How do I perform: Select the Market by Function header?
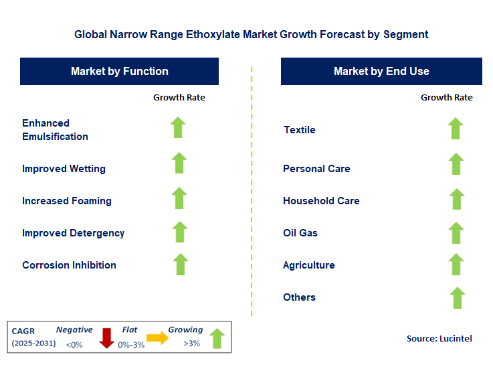[119, 71]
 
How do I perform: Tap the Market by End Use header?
[381, 71]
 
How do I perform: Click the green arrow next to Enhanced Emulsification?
[178, 127]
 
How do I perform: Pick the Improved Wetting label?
[64, 169]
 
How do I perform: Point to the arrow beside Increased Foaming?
[179, 198]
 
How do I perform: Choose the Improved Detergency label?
[73, 233]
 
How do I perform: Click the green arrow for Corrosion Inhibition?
[180, 264]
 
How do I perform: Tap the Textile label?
[300, 130]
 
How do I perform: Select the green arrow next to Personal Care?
[456, 164]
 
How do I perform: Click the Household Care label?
[321, 201]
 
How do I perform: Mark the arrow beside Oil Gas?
[456, 233]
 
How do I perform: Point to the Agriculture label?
[309, 265]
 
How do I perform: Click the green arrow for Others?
[457, 297]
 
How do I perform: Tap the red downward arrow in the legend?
[106, 338]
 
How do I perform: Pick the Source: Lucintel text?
[439, 339]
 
